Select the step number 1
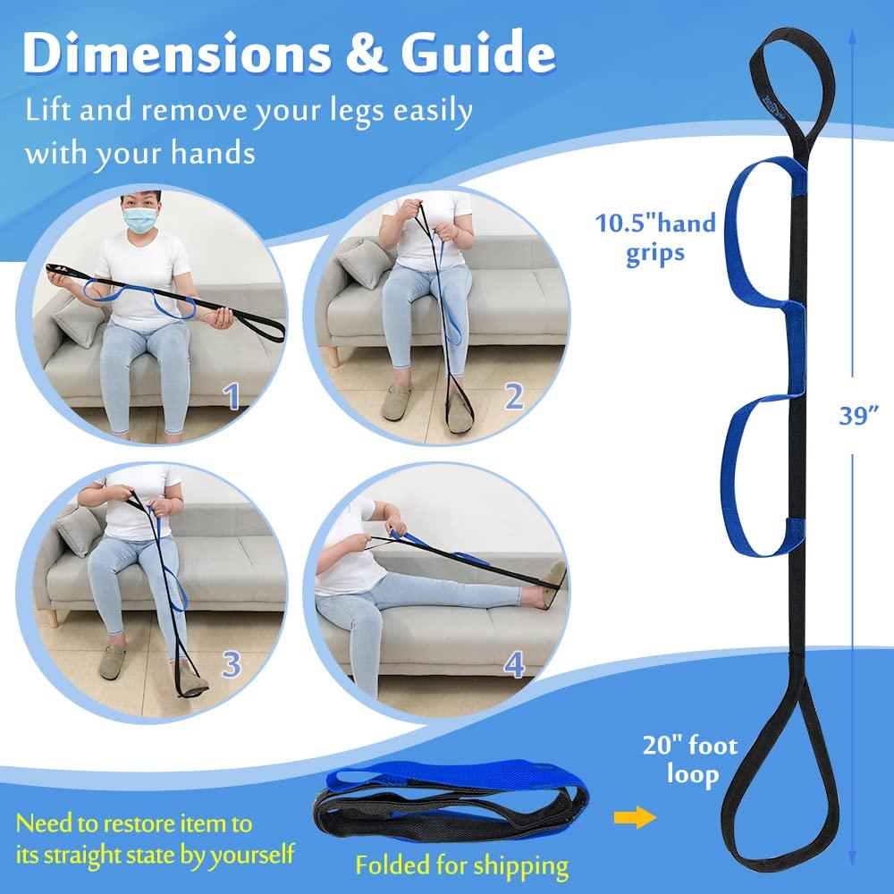click(x=232, y=396)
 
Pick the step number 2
click(x=513, y=396)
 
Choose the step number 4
click(x=513, y=664)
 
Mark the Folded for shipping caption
click(x=461, y=864)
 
